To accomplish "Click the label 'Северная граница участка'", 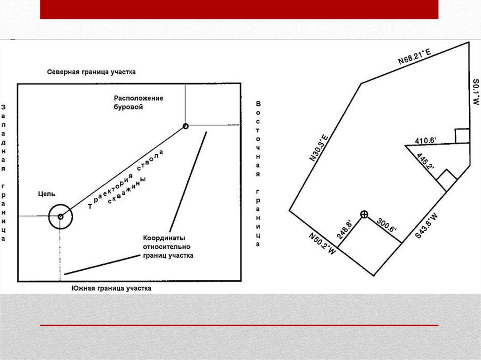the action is (91, 72).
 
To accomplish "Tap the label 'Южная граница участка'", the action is (111, 289).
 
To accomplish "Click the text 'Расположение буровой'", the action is (139, 103).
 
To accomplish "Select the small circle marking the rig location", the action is (185, 126).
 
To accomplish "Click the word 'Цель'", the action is (47, 194).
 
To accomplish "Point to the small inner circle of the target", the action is (61, 216).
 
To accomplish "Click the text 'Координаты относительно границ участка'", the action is (168, 247).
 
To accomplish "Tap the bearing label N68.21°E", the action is (415, 57).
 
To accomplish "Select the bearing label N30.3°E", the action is (319, 147).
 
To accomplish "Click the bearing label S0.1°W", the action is (475, 92).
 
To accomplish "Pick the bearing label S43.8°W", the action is (427, 226).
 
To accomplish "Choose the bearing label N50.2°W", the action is (322, 244).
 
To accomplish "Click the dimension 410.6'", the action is (426, 140).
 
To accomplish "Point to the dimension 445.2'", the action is (426, 161).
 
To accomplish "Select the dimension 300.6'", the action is (387, 225).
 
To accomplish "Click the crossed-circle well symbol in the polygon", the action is (364, 214).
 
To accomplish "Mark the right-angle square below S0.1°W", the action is (462, 136).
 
